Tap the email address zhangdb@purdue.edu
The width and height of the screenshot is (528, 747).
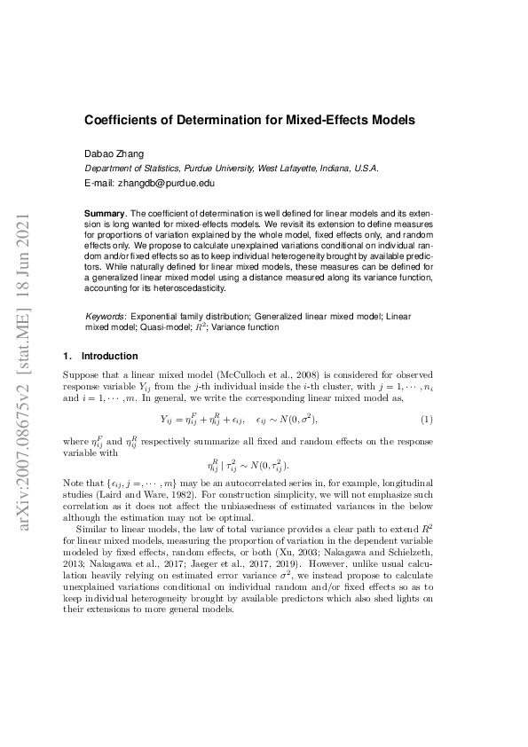[x=166, y=183]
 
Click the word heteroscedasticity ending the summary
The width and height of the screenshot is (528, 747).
[x=186, y=288]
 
